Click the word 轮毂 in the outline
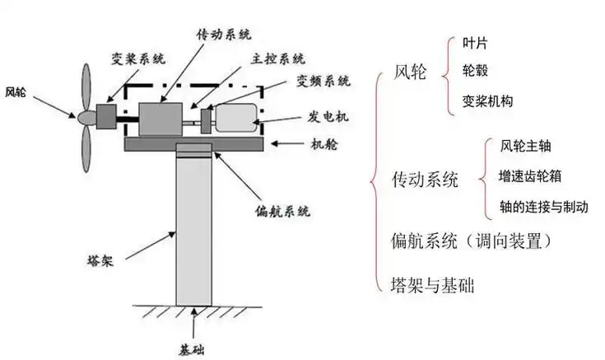474,71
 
